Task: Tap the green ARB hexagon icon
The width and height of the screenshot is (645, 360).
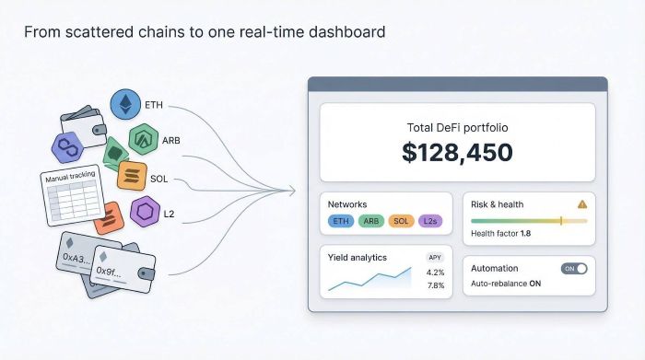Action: (143, 140)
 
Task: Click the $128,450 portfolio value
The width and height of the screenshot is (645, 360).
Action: (457, 152)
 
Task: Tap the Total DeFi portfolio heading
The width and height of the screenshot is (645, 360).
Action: (457, 127)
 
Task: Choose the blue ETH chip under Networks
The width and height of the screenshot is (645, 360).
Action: (341, 221)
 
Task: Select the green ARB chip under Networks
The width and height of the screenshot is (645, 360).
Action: (371, 221)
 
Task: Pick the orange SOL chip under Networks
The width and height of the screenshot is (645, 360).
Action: (401, 221)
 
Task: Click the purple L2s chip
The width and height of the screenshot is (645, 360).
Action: (430, 221)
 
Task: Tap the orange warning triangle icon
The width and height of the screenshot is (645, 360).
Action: (581, 204)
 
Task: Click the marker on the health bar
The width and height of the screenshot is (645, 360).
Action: (561, 221)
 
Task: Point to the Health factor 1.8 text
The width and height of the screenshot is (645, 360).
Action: (500, 234)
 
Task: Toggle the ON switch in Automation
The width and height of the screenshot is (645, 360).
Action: (574, 268)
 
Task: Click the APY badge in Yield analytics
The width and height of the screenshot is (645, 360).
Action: (435, 257)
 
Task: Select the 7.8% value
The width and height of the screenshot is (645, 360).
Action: (435, 285)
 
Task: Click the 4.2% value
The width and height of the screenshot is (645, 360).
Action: (435, 273)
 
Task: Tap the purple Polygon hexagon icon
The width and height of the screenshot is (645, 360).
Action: (67, 147)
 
